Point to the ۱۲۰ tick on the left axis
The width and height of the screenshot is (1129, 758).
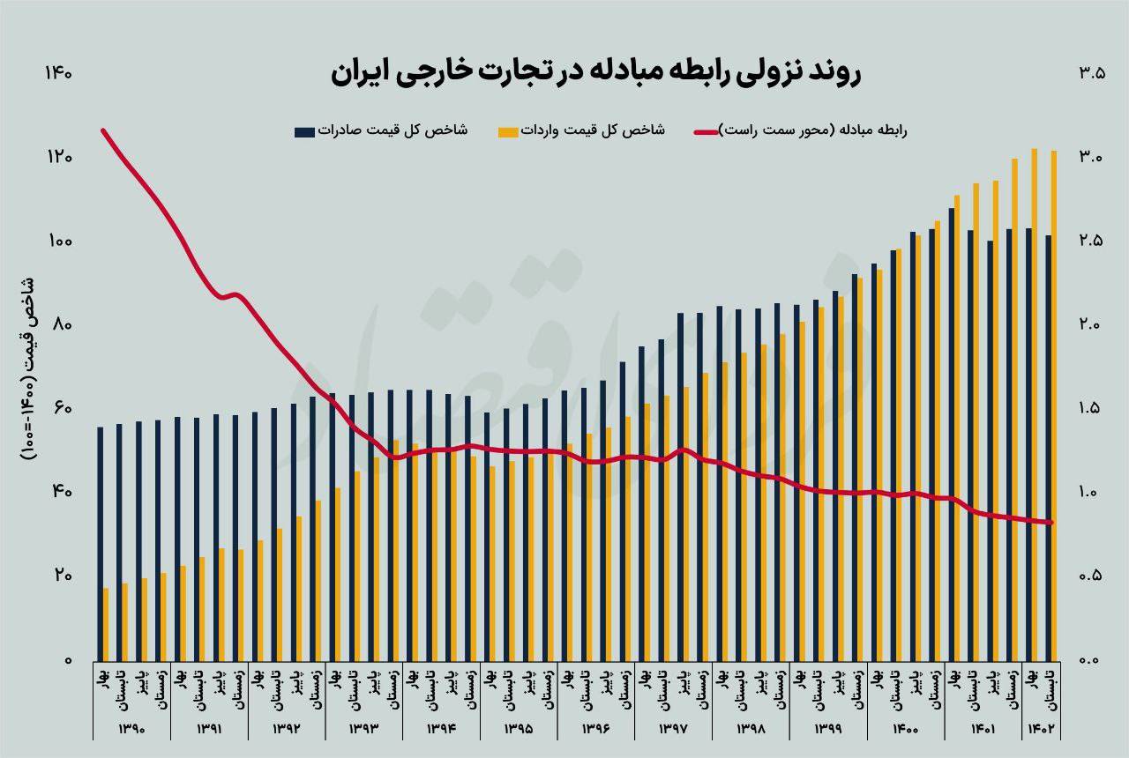tap(58, 158)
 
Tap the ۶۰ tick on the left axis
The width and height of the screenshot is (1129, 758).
tap(58, 409)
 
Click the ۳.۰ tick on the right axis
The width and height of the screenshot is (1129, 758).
tap(1090, 158)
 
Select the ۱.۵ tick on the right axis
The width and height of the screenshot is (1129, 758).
tap(1090, 409)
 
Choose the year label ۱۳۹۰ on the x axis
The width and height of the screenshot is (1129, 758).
tap(131, 729)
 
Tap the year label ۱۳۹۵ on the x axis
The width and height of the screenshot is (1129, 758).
tap(519, 729)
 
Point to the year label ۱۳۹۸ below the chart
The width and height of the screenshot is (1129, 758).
tap(751, 729)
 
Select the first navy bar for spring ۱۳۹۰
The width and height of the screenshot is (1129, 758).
tap(100, 542)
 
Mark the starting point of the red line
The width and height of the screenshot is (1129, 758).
tap(103, 130)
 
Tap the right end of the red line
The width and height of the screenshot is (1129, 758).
tap(1051, 523)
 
